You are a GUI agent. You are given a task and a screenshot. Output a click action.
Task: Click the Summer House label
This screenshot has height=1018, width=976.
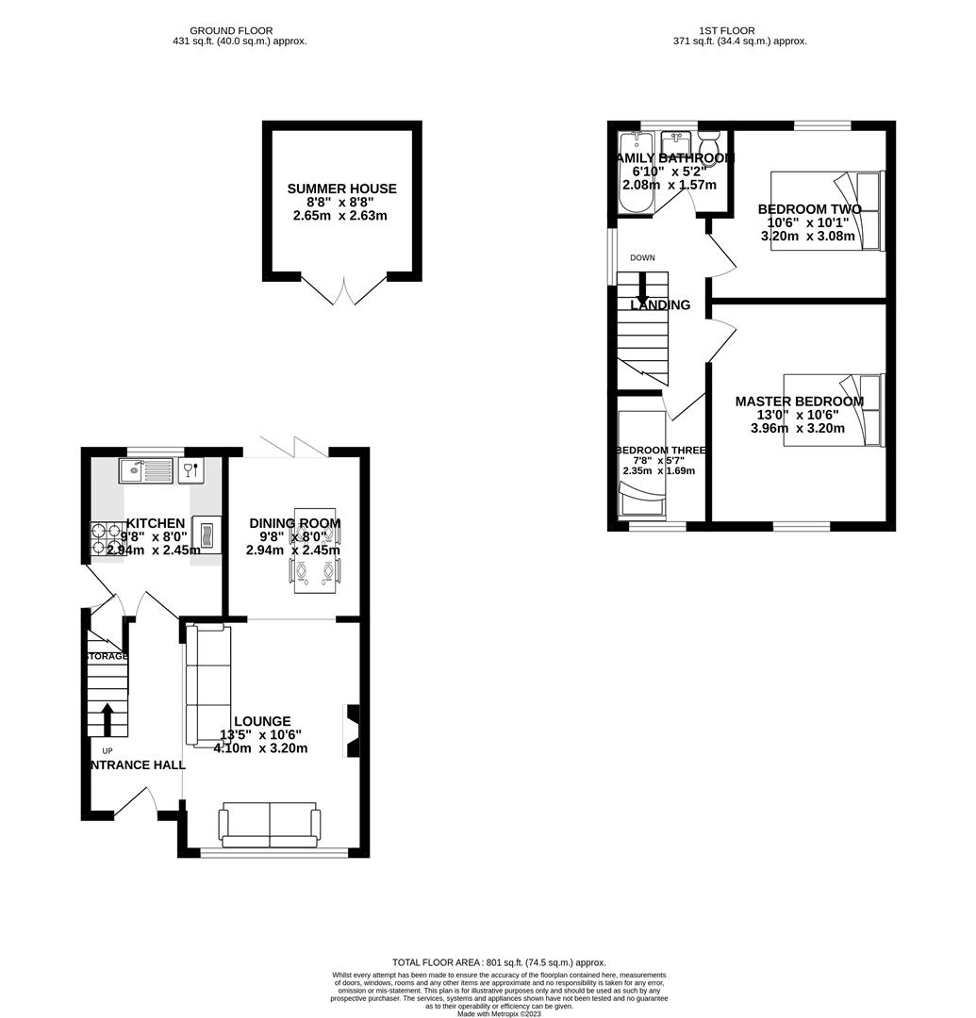(x=341, y=189)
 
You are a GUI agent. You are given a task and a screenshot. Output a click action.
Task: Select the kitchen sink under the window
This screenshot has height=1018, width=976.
(x=146, y=469)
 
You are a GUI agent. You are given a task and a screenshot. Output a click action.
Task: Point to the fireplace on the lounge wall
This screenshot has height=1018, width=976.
(x=353, y=731)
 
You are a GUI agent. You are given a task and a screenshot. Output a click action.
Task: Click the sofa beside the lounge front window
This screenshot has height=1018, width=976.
(x=269, y=824)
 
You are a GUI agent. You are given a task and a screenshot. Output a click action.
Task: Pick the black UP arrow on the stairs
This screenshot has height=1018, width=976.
(x=107, y=718)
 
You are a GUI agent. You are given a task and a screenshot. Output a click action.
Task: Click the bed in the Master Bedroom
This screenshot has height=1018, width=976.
(x=834, y=410)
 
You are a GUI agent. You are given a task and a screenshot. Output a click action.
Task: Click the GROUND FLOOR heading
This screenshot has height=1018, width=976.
(x=240, y=30)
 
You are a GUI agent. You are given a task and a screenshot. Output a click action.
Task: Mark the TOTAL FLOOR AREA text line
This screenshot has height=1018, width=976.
(x=487, y=962)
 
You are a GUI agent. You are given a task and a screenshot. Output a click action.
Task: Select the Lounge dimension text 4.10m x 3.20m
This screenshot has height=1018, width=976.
(x=261, y=748)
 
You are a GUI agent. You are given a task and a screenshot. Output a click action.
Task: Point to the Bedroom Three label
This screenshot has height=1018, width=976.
(x=660, y=451)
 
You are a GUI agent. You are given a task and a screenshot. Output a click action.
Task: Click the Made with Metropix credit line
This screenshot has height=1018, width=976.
(x=500, y=1013)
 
